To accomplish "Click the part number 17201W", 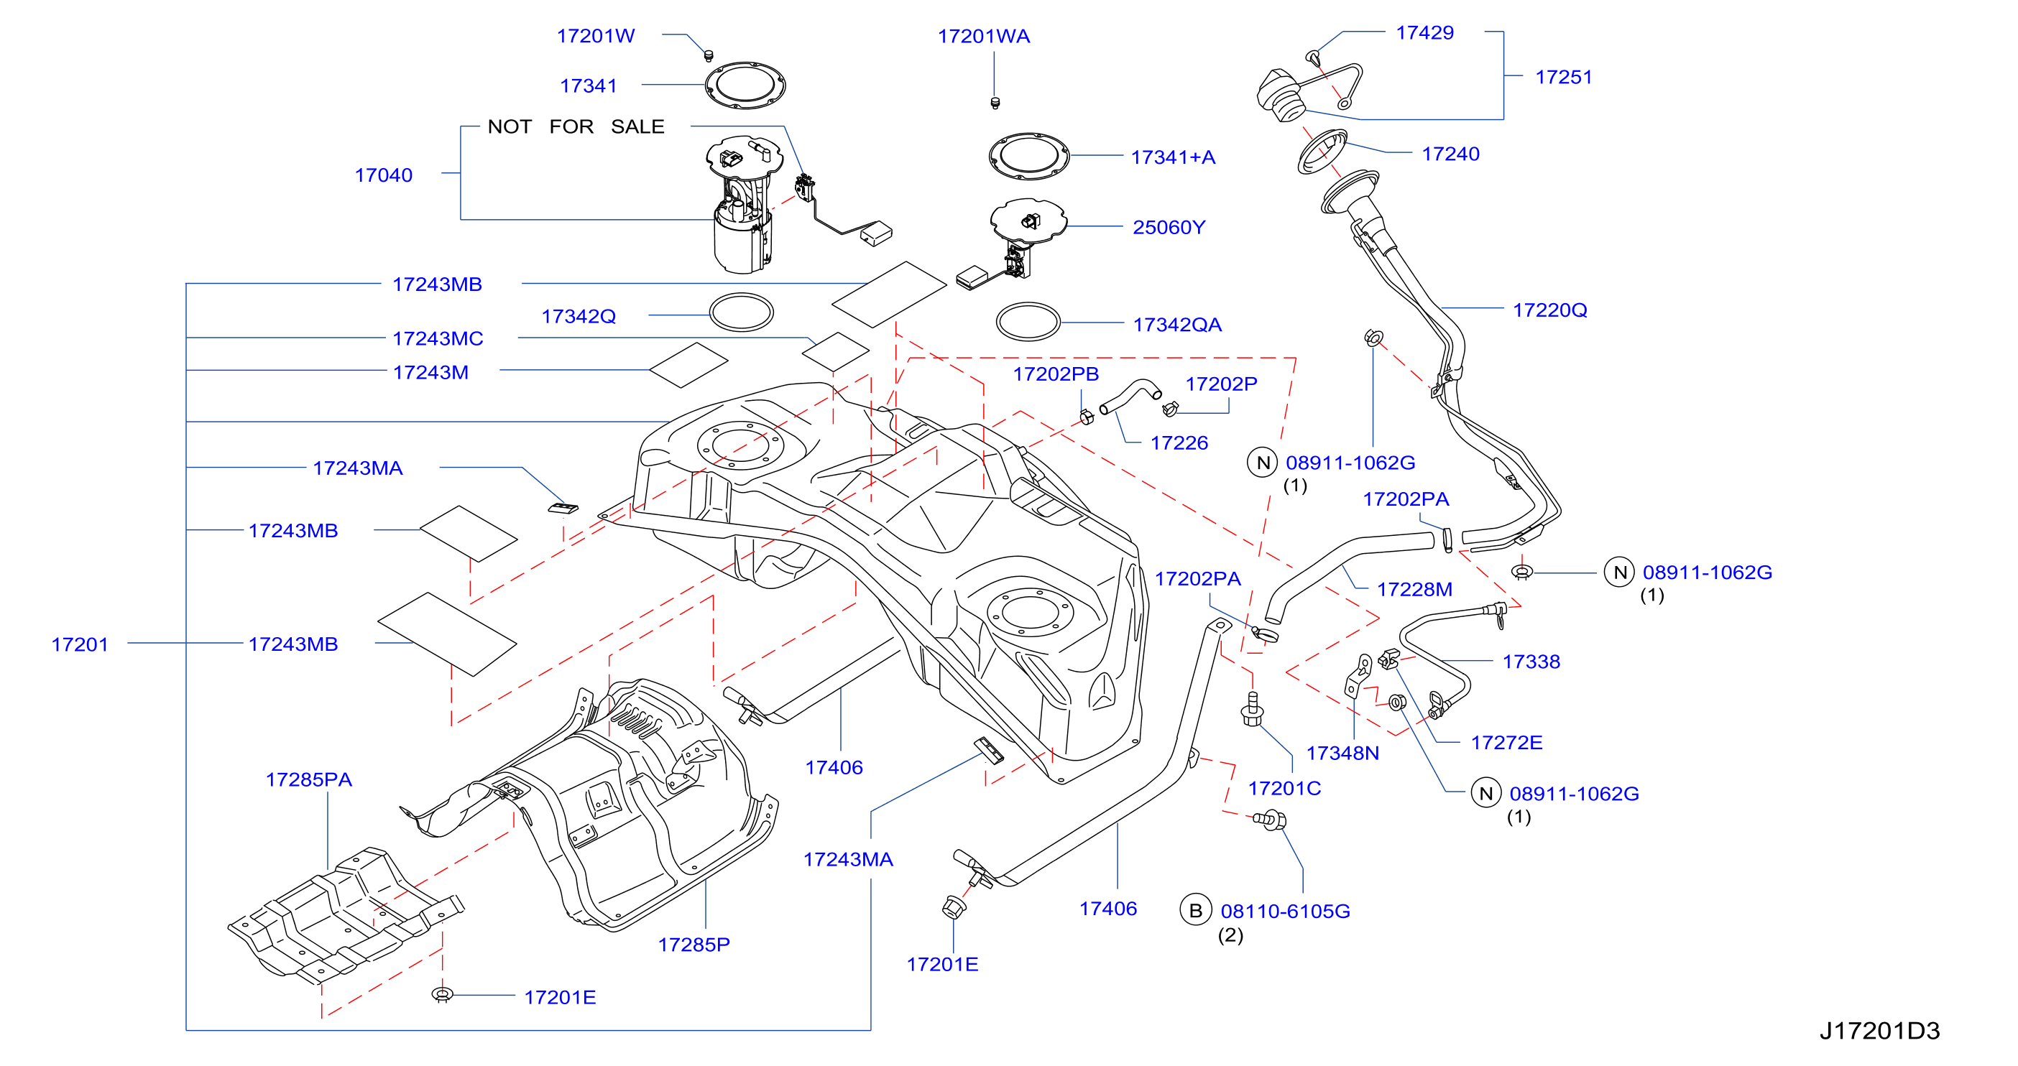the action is pyautogui.click(x=595, y=36).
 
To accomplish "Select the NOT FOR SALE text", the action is pyautogui.click(x=576, y=127).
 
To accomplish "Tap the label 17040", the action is pyautogui.click(x=384, y=175).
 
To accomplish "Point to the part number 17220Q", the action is pyautogui.click(x=1549, y=310).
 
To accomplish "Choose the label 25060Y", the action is pyautogui.click(x=1169, y=227).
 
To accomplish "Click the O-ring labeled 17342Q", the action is pyautogui.click(x=741, y=312).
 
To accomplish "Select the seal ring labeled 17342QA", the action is pyautogui.click(x=1028, y=322).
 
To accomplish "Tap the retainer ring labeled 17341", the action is pyautogui.click(x=745, y=85).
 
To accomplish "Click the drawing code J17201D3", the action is pyautogui.click(x=1879, y=1031).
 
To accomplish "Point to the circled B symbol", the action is pyautogui.click(x=1195, y=910).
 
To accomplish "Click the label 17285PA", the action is pyautogui.click(x=308, y=780).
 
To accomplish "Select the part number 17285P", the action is pyautogui.click(x=694, y=945).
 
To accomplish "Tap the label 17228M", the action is pyautogui.click(x=1414, y=590).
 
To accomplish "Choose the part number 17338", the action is pyautogui.click(x=1531, y=662).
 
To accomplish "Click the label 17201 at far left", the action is pyautogui.click(x=80, y=644).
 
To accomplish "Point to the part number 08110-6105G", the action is pyautogui.click(x=1285, y=912).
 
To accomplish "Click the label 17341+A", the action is pyautogui.click(x=1173, y=157).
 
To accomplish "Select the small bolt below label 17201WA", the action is pyautogui.click(x=995, y=103).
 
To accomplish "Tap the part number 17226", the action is pyautogui.click(x=1179, y=443).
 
